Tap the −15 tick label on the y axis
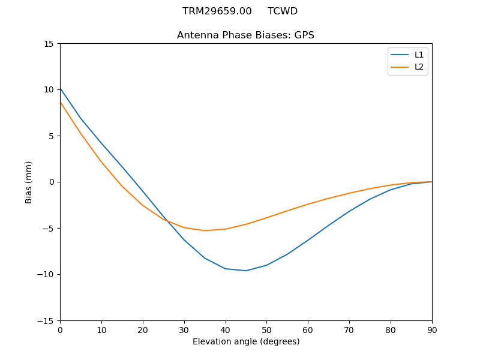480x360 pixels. pos(47,321)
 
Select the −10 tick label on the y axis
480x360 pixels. pos(47,275)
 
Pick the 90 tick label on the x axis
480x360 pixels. pos(432,330)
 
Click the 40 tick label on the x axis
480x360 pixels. pos(226,330)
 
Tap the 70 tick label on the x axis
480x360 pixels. pos(349,330)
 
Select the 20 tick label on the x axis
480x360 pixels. pos(143,330)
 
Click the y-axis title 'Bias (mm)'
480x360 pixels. pos(29,182)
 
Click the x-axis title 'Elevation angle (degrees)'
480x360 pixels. pos(246,342)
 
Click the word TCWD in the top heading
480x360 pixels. pos(283,11)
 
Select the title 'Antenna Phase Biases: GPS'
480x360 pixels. pos(245,35)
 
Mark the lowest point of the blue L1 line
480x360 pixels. pos(246,271)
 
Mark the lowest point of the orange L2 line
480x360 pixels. pos(205,230)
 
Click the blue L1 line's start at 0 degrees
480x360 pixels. pos(60,88)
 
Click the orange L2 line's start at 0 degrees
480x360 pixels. pos(60,101)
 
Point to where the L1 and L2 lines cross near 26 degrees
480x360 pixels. pos(167,220)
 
